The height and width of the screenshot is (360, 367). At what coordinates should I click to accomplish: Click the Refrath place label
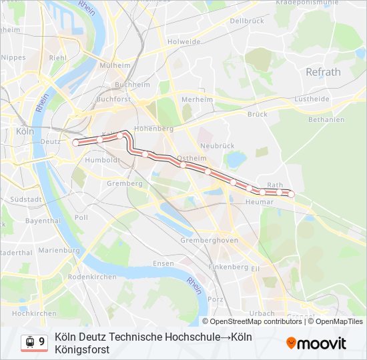[x=323, y=72]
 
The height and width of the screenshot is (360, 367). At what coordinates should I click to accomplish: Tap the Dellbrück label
[x=243, y=21]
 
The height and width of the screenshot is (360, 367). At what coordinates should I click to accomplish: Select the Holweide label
[x=185, y=41]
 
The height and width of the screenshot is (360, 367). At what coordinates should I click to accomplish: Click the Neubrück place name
[x=217, y=145]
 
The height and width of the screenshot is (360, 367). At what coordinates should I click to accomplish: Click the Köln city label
[x=24, y=131]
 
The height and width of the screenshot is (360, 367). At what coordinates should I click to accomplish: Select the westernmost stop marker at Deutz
[x=75, y=142]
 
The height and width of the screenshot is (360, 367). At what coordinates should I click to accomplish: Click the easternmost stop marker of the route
[x=291, y=194]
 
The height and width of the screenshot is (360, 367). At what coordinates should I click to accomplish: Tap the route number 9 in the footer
[x=42, y=342]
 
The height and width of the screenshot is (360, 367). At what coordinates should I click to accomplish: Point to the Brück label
[x=258, y=114]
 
